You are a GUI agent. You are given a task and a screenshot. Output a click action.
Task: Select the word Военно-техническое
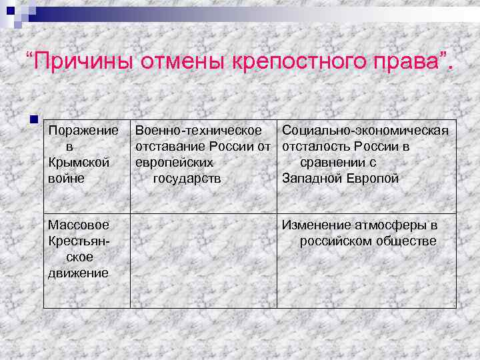199,129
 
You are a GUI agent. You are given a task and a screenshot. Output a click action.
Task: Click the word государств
187,179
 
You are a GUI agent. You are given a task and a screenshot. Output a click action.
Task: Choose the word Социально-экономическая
365,129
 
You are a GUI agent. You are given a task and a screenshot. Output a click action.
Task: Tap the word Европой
373,179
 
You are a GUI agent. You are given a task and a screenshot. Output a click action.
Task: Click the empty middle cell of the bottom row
203,260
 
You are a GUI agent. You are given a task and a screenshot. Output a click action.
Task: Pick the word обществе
408,241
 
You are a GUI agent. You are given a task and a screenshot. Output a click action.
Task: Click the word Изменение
316,225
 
